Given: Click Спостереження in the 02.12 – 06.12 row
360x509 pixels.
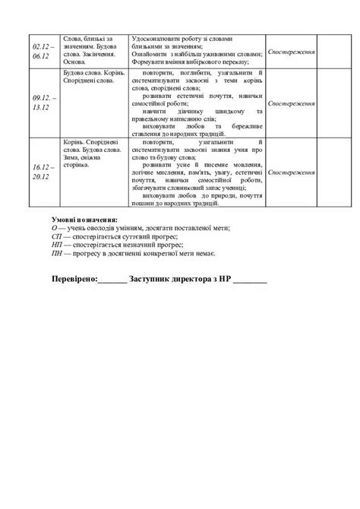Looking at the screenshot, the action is tap(292, 52).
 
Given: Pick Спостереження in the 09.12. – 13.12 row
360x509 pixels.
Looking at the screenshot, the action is tap(292, 102).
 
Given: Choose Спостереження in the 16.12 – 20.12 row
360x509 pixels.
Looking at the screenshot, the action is tap(292, 172).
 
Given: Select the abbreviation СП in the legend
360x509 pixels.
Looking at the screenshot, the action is tap(56, 237).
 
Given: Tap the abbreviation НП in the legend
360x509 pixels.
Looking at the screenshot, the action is tap(57, 245).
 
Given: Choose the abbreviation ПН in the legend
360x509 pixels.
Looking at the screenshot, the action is tap(57, 253).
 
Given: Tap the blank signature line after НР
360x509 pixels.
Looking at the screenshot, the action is tap(249, 280).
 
